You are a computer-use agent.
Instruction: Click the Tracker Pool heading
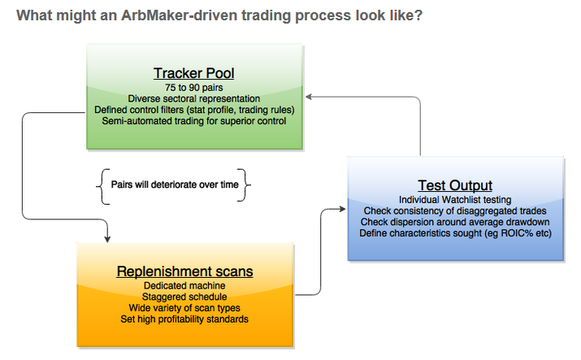[x=193, y=73]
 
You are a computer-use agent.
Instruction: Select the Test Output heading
[x=455, y=185]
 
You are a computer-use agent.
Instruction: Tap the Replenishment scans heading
[x=185, y=271]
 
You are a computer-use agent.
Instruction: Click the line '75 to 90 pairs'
[x=193, y=88]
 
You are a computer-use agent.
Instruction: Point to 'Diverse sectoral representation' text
[x=193, y=98]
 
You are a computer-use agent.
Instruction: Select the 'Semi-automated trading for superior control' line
[x=193, y=121]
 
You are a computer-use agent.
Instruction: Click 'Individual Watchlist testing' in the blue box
[x=455, y=200]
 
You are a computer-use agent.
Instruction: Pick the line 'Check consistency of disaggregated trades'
[x=455, y=210]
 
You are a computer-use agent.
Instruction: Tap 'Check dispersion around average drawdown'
[x=455, y=222]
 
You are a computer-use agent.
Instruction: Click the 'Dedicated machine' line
[x=184, y=285]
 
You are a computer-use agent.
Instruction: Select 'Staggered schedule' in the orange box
[x=184, y=297]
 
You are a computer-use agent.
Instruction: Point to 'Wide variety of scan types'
[x=184, y=308]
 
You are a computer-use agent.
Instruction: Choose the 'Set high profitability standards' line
[x=184, y=319]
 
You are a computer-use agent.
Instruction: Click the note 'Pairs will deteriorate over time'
[x=175, y=184]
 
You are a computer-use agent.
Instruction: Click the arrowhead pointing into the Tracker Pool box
[x=309, y=97]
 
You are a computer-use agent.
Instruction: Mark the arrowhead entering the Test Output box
[x=342, y=210]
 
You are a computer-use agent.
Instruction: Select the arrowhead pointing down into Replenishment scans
[x=107, y=239]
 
